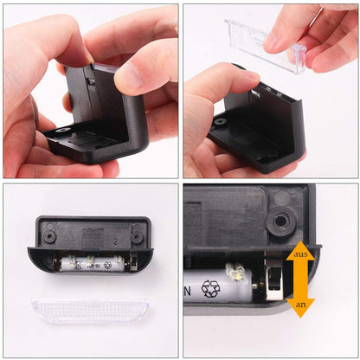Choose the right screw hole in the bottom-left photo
click(137, 232)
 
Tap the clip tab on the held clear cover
click(297, 57)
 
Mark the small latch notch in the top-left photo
click(91, 80)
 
